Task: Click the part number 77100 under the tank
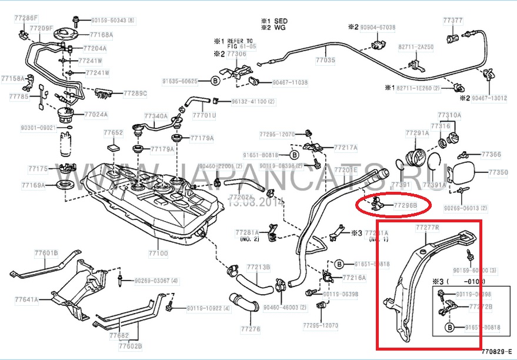click(x=159, y=254)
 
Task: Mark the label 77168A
click(x=101, y=35)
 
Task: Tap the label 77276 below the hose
click(x=251, y=329)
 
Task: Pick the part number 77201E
click(x=346, y=169)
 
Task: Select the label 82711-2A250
click(x=416, y=45)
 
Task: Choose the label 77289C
click(x=135, y=94)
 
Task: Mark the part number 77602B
click(x=130, y=346)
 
